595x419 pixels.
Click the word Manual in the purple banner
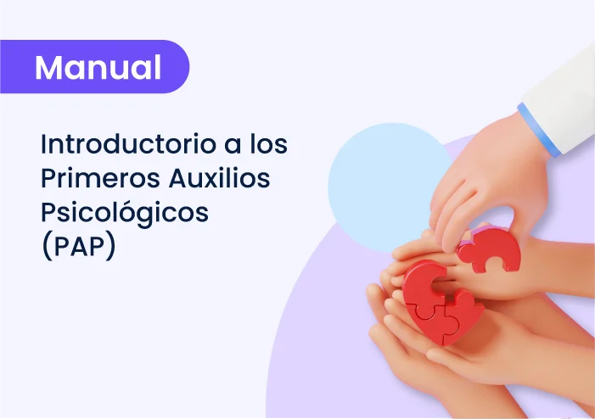coord(98,68)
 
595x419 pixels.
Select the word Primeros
coord(100,178)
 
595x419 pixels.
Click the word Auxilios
coord(219,178)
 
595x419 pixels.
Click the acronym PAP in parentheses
coord(79,247)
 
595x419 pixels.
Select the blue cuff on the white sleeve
coord(539,130)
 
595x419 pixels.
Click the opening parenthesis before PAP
coord(47,247)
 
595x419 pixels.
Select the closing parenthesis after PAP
coord(110,247)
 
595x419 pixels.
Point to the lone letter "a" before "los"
coord(233,146)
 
